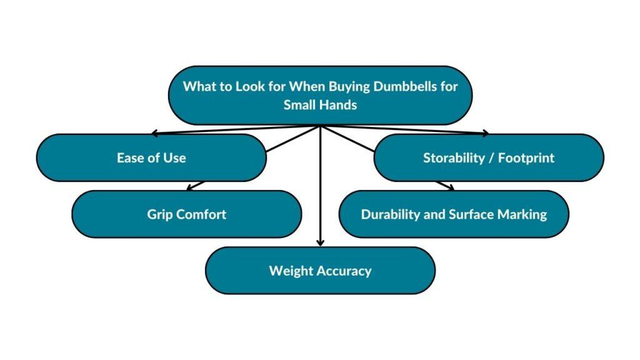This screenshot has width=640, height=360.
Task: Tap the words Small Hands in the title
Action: coord(321,105)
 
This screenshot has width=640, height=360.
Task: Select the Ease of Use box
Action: coord(151,158)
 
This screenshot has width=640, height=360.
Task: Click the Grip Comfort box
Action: coord(186,214)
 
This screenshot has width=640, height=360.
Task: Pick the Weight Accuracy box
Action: coord(321,271)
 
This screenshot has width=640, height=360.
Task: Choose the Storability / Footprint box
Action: coord(489,158)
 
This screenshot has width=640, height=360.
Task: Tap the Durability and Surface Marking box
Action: coord(454,214)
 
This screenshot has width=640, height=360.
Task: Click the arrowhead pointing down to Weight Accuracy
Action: coord(321,243)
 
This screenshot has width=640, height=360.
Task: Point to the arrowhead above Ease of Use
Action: coord(154,132)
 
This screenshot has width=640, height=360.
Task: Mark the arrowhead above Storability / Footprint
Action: coord(485,132)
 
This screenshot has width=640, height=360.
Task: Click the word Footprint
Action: coord(526,158)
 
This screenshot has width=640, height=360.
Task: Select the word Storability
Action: coord(454,158)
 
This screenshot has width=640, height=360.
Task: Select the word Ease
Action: coord(127,158)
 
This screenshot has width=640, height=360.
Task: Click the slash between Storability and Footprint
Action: coord(491,158)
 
